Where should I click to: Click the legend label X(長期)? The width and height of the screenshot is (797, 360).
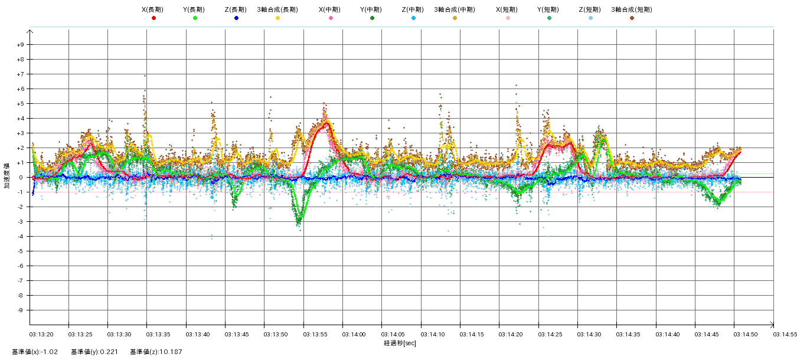153,9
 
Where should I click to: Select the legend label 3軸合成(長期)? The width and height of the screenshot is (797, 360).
277,9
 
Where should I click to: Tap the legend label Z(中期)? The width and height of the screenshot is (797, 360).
413,9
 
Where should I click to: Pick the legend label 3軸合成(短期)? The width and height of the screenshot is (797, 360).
631,9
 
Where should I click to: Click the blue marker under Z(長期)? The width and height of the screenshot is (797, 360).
236,18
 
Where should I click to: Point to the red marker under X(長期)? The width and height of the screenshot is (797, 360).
153,18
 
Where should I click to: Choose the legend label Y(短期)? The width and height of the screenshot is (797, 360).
548,9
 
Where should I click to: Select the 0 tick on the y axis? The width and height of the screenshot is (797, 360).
22,178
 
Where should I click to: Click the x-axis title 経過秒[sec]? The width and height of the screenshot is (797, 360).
400,343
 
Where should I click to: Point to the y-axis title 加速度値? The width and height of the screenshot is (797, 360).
8,177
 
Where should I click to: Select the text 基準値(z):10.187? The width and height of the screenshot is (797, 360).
156,352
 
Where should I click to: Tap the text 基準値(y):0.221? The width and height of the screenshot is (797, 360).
94,352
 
